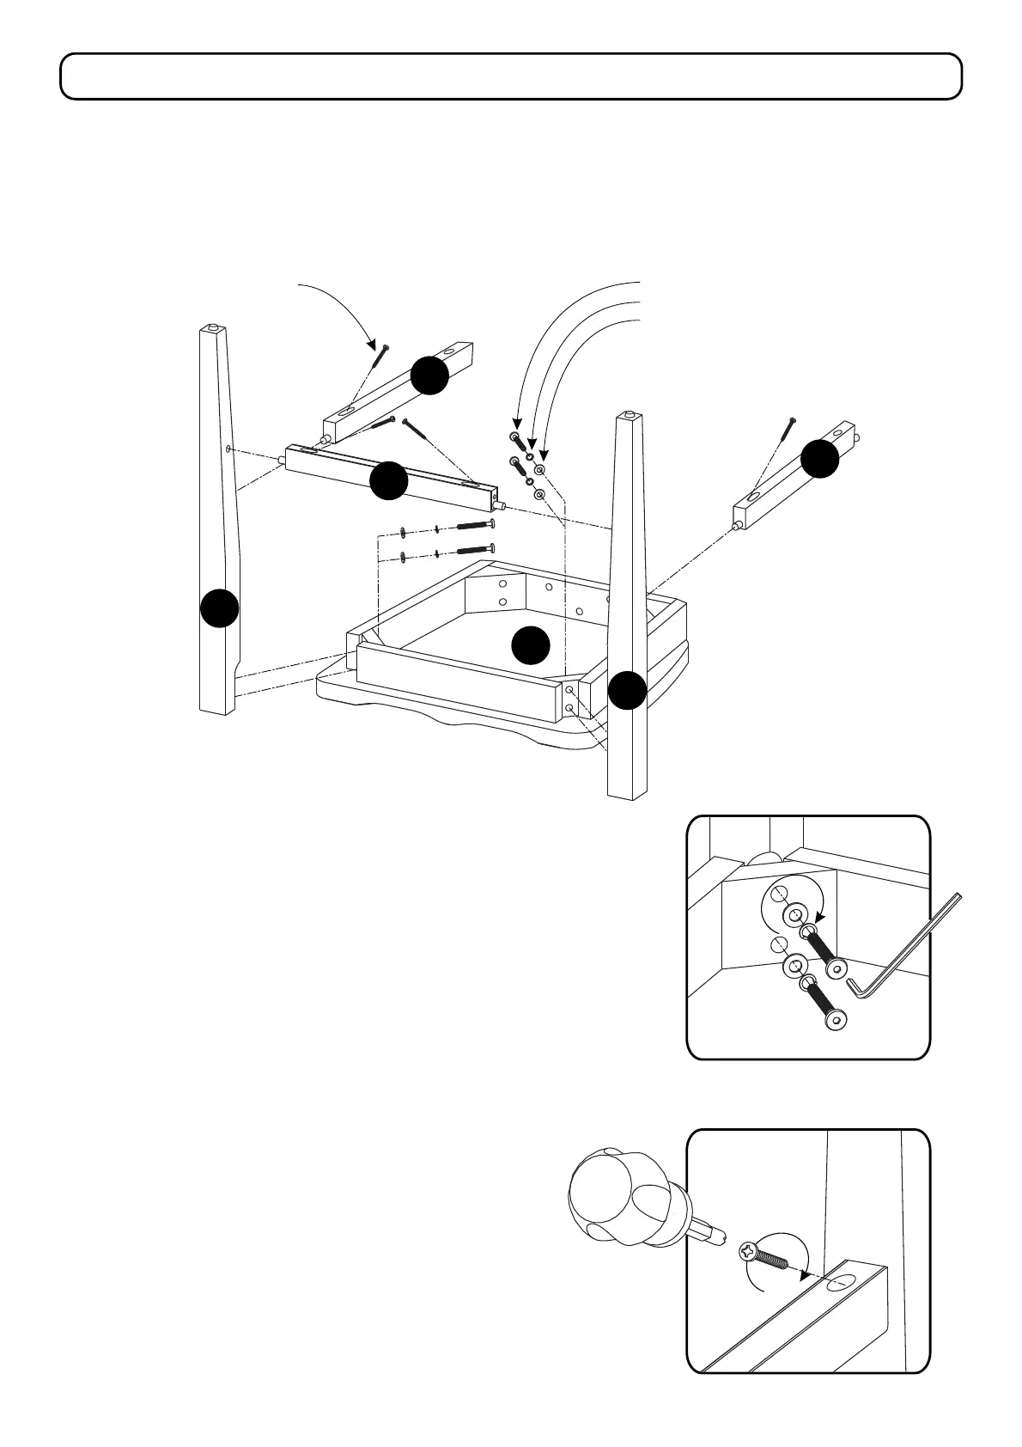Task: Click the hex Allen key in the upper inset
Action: pyautogui.click(x=910, y=945)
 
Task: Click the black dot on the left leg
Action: pyautogui.click(x=220, y=608)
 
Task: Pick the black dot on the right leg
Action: pyautogui.click(x=628, y=690)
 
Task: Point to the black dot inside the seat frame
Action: pyautogui.click(x=530, y=644)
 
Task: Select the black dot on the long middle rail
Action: pyautogui.click(x=388, y=480)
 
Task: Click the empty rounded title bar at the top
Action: pyautogui.click(x=511, y=76)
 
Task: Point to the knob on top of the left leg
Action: pyautogui.click(x=213, y=329)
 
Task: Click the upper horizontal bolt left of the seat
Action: pyautogui.click(x=474, y=525)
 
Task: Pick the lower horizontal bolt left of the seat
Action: pyautogui.click(x=474, y=550)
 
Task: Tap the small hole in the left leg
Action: pyautogui.click(x=228, y=449)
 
